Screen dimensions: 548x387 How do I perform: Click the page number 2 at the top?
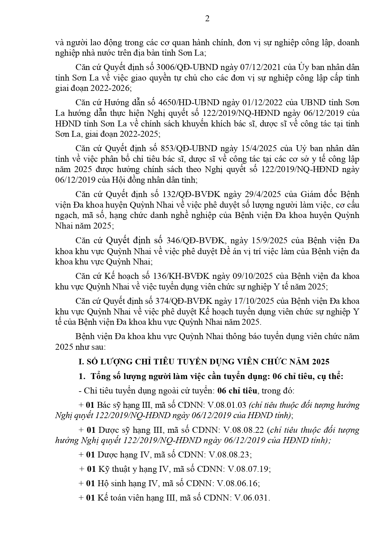pyautogui.click(x=207, y=19)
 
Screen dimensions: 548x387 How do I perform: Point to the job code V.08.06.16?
pyautogui.click(x=238, y=483)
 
